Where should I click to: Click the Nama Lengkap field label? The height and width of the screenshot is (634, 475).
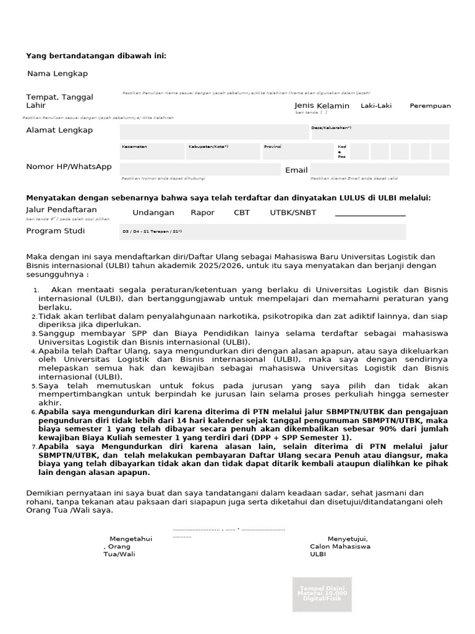coord(58,74)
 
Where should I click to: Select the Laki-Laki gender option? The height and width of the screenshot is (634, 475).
coord(376,106)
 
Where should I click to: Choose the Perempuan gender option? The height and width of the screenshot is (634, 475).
coord(430,106)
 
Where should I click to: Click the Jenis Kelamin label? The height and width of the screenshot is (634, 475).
coord(322,106)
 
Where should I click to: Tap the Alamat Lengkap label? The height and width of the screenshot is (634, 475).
coord(59,130)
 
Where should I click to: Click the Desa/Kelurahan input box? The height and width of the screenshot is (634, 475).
coord(379,132)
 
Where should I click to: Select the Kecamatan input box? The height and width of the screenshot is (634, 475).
coord(152,152)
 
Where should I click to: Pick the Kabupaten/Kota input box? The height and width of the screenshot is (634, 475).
coord(223,152)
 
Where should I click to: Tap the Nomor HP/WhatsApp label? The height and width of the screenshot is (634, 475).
coord(69,167)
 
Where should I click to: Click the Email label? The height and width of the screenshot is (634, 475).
coord(296,170)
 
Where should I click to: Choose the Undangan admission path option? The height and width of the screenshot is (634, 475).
coord(153,213)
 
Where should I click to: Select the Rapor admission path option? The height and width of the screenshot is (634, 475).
coord(202,213)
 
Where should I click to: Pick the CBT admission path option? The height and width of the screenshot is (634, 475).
coord(242,213)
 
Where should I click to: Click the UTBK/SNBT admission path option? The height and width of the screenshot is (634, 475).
coord(293,213)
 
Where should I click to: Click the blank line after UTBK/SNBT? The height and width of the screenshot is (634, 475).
coord(370,214)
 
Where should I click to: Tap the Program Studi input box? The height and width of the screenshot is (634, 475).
coord(263,232)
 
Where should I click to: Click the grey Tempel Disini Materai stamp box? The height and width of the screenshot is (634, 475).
coord(322,594)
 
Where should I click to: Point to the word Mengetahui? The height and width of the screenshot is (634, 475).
coord(131,539)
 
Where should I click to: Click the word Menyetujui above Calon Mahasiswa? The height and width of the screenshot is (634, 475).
coord(348,539)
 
